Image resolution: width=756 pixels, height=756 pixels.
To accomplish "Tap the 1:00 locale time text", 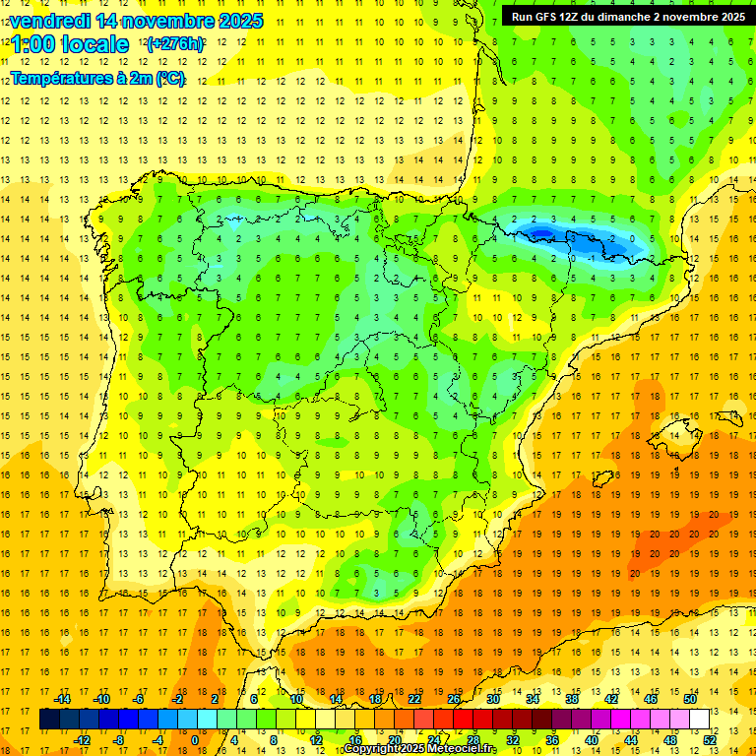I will coord(70,44).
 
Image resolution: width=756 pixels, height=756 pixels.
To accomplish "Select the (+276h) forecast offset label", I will coord(175,44).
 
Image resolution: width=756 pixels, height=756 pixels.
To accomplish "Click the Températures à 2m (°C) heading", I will coord(98,79).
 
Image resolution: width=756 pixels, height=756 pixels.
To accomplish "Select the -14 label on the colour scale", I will coord(63,699).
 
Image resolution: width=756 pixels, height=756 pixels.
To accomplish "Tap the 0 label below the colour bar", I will coord(194,740).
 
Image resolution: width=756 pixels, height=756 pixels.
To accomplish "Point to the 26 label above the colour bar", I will coord(453,699).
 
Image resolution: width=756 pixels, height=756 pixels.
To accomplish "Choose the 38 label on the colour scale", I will coord(571,699).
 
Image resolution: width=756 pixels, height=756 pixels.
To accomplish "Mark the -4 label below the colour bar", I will coord(157,740).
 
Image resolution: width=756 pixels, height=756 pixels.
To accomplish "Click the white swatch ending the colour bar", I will coord(699,720).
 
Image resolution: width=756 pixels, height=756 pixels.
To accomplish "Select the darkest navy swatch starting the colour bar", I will coord(49,720).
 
